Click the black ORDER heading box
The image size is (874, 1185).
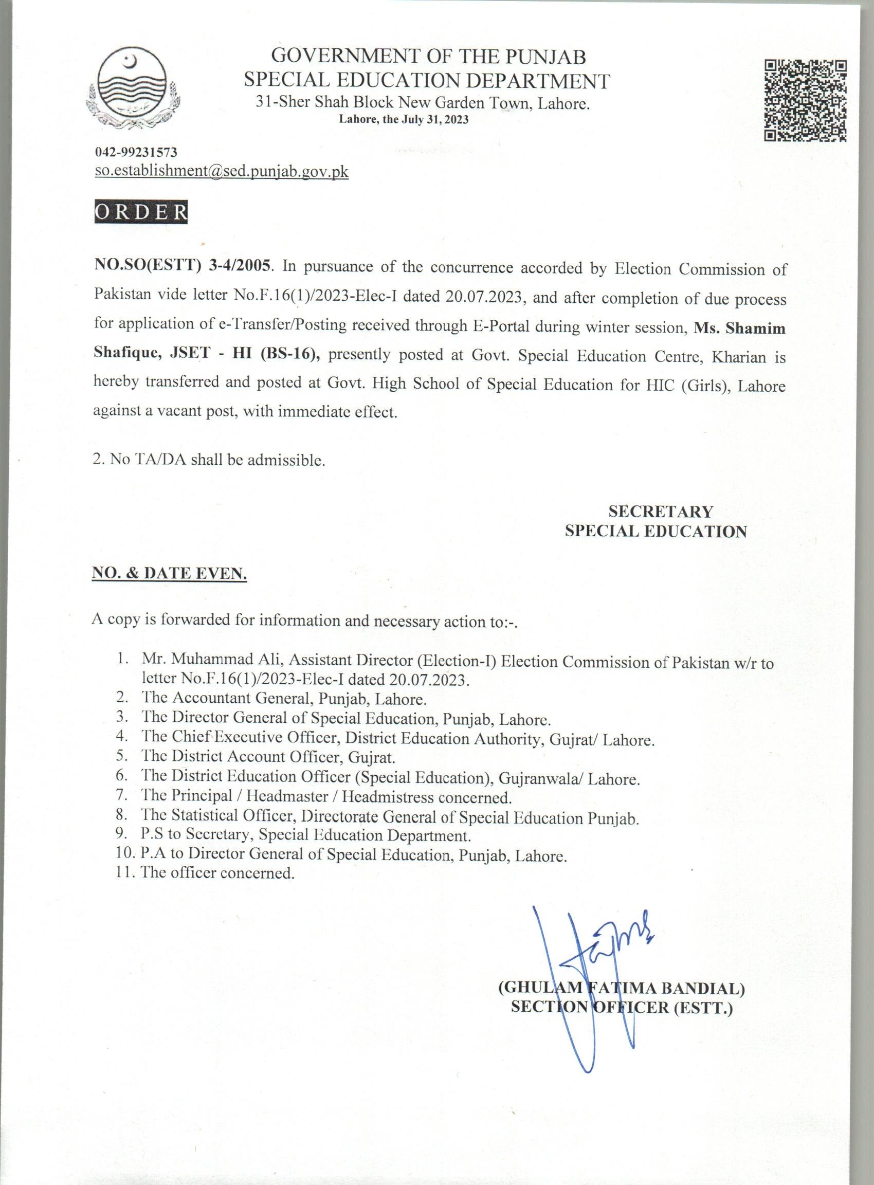pyautogui.click(x=140, y=212)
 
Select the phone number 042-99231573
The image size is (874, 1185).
pyautogui.click(x=136, y=153)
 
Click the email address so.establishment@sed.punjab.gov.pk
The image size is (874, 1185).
pyautogui.click(x=221, y=171)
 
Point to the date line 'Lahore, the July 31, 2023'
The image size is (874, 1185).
pyautogui.click(x=404, y=120)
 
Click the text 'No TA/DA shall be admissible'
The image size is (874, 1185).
pyautogui.click(x=216, y=460)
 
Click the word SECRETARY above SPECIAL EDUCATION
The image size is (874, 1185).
pyautogui.click(x=660, y=511)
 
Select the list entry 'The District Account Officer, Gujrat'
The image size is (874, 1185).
pyautogui.click(x=268, y=758)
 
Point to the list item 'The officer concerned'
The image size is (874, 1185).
pyautogui.click(x=217, y=873)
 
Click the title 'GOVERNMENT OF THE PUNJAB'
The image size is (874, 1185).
pyautogui.click(x=428, y=56)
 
